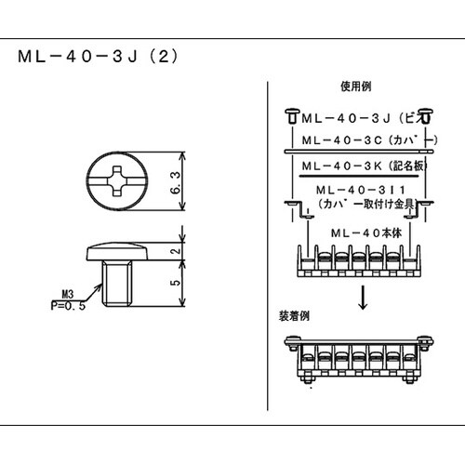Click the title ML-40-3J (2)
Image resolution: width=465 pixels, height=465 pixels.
coord(97,55)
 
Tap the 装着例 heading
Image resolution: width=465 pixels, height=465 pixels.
coord(293,317)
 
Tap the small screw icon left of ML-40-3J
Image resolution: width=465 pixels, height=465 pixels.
coord(290,117)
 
